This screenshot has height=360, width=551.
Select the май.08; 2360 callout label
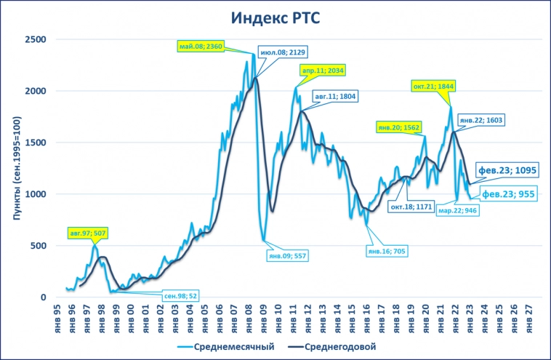200,47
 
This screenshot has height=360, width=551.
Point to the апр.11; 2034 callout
323,71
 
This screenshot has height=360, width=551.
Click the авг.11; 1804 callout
336,96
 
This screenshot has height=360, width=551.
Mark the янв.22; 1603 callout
482,120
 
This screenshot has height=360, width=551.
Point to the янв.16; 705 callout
390,250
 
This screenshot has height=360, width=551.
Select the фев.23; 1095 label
507,170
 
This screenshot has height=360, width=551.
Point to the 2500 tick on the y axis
35,39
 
